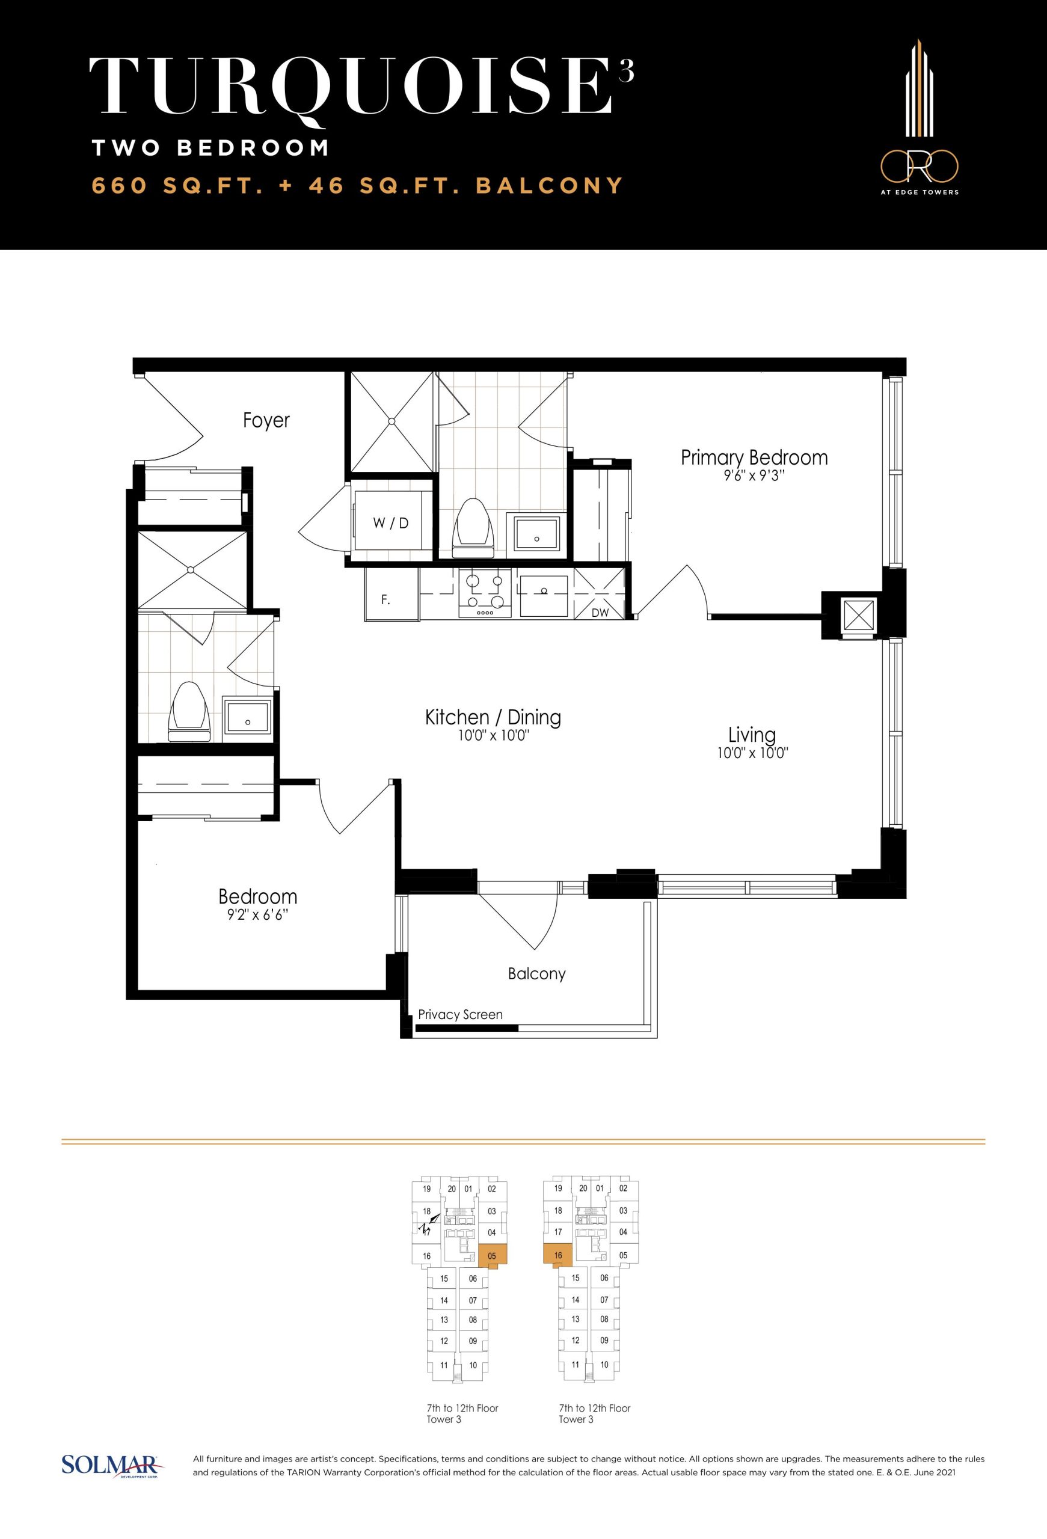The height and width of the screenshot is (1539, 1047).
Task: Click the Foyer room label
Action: tap(266, 420)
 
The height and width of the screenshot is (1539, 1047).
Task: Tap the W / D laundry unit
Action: tap(391, 521)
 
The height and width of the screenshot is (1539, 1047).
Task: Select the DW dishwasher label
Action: tap(600, 613)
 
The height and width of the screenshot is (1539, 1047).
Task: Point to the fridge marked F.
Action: tap(392, 594)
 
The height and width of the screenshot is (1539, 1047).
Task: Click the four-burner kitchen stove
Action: tap(485, 593)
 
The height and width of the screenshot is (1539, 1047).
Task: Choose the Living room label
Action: tap(752, 735)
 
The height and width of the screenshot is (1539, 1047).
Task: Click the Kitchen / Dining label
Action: tap(493, 717)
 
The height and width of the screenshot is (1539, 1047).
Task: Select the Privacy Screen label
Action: tap(460, 1015)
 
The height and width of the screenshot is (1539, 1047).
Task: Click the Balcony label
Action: tap(536, 973)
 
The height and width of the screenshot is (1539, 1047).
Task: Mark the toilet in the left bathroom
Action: tap(189, 712)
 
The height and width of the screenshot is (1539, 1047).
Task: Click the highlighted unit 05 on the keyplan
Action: tap(492, 1256)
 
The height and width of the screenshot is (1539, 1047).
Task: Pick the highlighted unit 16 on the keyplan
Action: tap(557, 1256)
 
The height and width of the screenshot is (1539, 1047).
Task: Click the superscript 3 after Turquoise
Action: tap(627, 70)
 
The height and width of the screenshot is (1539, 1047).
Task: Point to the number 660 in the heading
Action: tap(119, 185)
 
